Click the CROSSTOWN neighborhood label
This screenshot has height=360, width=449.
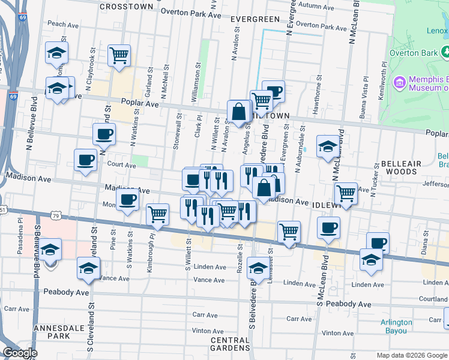[x=126, y=6]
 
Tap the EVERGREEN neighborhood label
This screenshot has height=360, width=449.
[x=255, y=19]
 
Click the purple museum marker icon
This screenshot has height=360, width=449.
[x=399, y=81]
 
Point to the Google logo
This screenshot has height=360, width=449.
[x=19, y=353]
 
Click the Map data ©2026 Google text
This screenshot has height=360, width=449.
[x=412, y=355]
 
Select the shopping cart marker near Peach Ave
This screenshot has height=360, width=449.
[x=119, y=56]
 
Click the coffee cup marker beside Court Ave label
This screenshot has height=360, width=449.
[x=85, y=160]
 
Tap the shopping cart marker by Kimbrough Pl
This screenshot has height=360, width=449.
[x=157, y=214]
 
